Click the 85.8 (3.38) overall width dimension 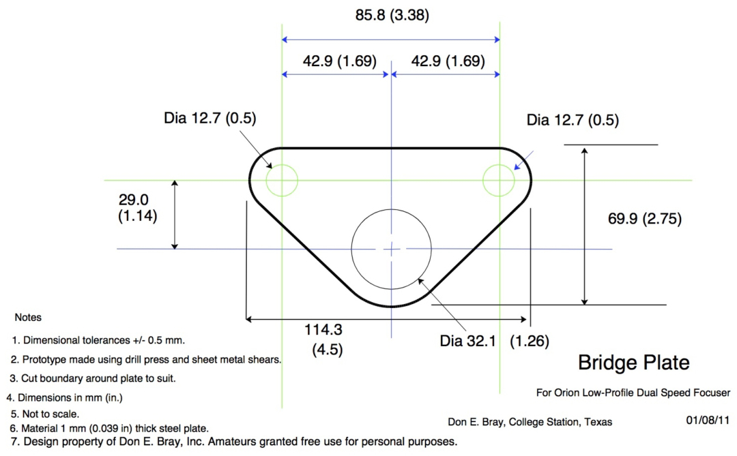click(x=392, y=14)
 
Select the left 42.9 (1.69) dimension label click(x=339, y=61)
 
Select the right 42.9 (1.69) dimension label click(x=448, y=61)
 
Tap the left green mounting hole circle click(x=282, y=181)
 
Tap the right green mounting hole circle click(x=499, y=181)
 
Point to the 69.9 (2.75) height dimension click(x=644, y=219)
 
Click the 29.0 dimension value click(x=134, y=200)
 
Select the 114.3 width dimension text click(x=323, y=330)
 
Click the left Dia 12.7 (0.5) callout click(x=209, y=118)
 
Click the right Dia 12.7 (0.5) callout click(x=573, y=120)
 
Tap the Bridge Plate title click(x=633, y=363)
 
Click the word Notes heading click(x=28, y=318)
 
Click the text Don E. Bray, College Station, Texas click(x=530, y=421)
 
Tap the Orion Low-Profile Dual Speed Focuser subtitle click(x=633, y=393)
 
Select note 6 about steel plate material click(x=109, y=428)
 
